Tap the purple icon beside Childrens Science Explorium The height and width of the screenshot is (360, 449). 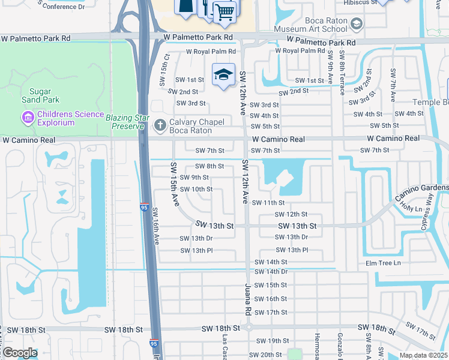pos(26,117)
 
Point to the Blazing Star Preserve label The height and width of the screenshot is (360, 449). pos(125,121)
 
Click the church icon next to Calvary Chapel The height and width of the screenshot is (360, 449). pos(160,125)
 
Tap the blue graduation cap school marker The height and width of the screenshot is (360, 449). pos(223,75)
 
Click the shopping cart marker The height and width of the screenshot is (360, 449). pos(224,11)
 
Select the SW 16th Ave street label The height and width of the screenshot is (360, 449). pos(155,226)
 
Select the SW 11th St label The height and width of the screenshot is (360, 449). pos(268,203)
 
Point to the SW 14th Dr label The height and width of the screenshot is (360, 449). pos(271,272)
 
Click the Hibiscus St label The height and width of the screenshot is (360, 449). pos(360,2)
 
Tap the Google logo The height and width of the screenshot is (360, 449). pos(20,352)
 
